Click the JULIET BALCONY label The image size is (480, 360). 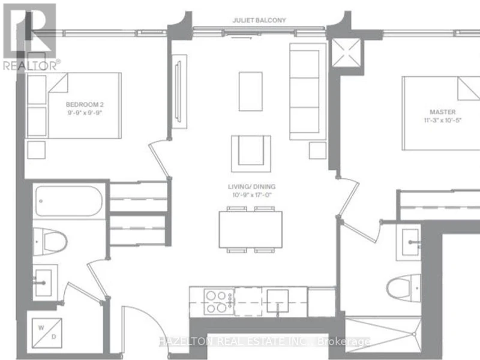(259, 20)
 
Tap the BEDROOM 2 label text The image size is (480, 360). (85, 104)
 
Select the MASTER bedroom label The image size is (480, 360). (442, 112)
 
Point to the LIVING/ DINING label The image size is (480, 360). (251, 187)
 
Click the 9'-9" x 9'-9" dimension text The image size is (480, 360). (85, 113)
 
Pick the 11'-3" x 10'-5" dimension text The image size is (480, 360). (442, 121)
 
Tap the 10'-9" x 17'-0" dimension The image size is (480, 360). (252, 194)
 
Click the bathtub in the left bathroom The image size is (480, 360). (68, 201)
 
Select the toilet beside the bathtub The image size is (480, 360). (50, 242)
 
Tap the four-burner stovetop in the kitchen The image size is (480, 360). (219, 302)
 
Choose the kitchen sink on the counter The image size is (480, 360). (277, 301)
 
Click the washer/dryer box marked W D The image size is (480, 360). (47, 333)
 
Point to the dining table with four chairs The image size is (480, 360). (251, 230)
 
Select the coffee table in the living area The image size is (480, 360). (251, 92)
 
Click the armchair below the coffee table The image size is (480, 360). (251, 154)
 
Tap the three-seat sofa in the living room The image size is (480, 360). (308, 92)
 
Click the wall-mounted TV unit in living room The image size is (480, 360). (179, 92)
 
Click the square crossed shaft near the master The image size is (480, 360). (347, 52)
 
